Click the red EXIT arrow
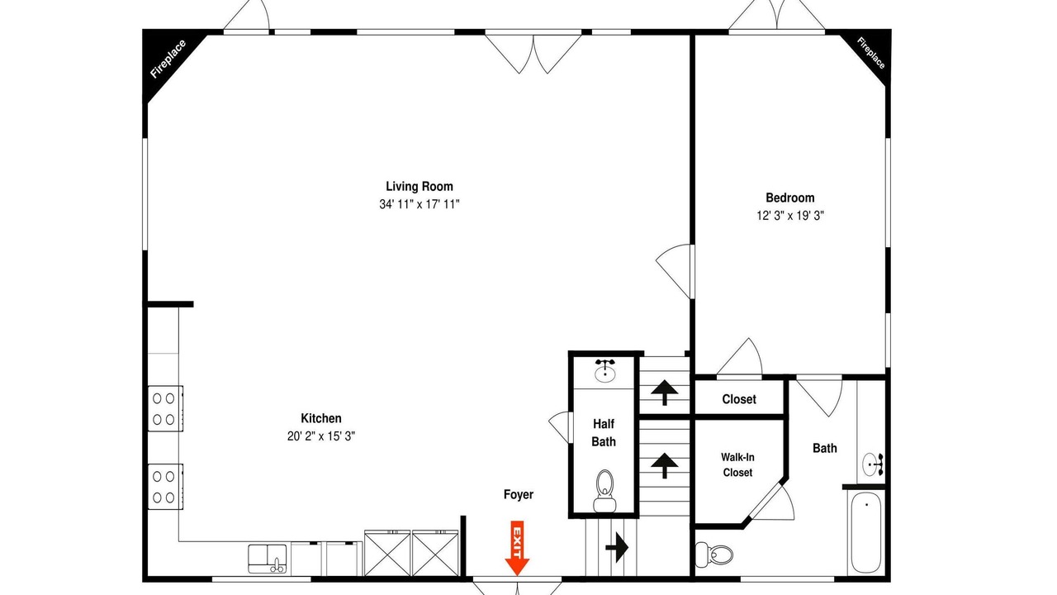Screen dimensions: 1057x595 tap(517, 548)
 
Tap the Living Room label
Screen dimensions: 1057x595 tap(419, 187)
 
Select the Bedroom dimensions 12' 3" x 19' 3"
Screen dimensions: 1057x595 tap(790, 216)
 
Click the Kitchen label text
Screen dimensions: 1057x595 tap(321, 418)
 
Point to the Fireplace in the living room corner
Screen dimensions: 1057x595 tap(168, 59)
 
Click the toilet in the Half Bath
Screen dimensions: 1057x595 tap(604, 491)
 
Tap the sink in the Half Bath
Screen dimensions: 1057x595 tap(605, 371)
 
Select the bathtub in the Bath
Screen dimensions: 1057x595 tap(866, 532)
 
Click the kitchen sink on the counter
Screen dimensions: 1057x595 tap(267, 559)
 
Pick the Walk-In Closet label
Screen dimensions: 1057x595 tap(737, 464)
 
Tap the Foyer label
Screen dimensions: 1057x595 tap(518, 494)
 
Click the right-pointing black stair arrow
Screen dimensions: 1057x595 tap(617, 548)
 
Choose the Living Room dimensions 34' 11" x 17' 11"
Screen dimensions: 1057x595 tap(419, 204)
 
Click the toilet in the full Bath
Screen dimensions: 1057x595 tap(714, 554)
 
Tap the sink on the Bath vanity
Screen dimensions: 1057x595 tap(873, 464)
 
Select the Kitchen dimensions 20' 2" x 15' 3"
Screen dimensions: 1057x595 tap(321, 436)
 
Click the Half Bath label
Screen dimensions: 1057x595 tap(604, 432)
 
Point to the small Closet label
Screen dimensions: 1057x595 tap(739, 399)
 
